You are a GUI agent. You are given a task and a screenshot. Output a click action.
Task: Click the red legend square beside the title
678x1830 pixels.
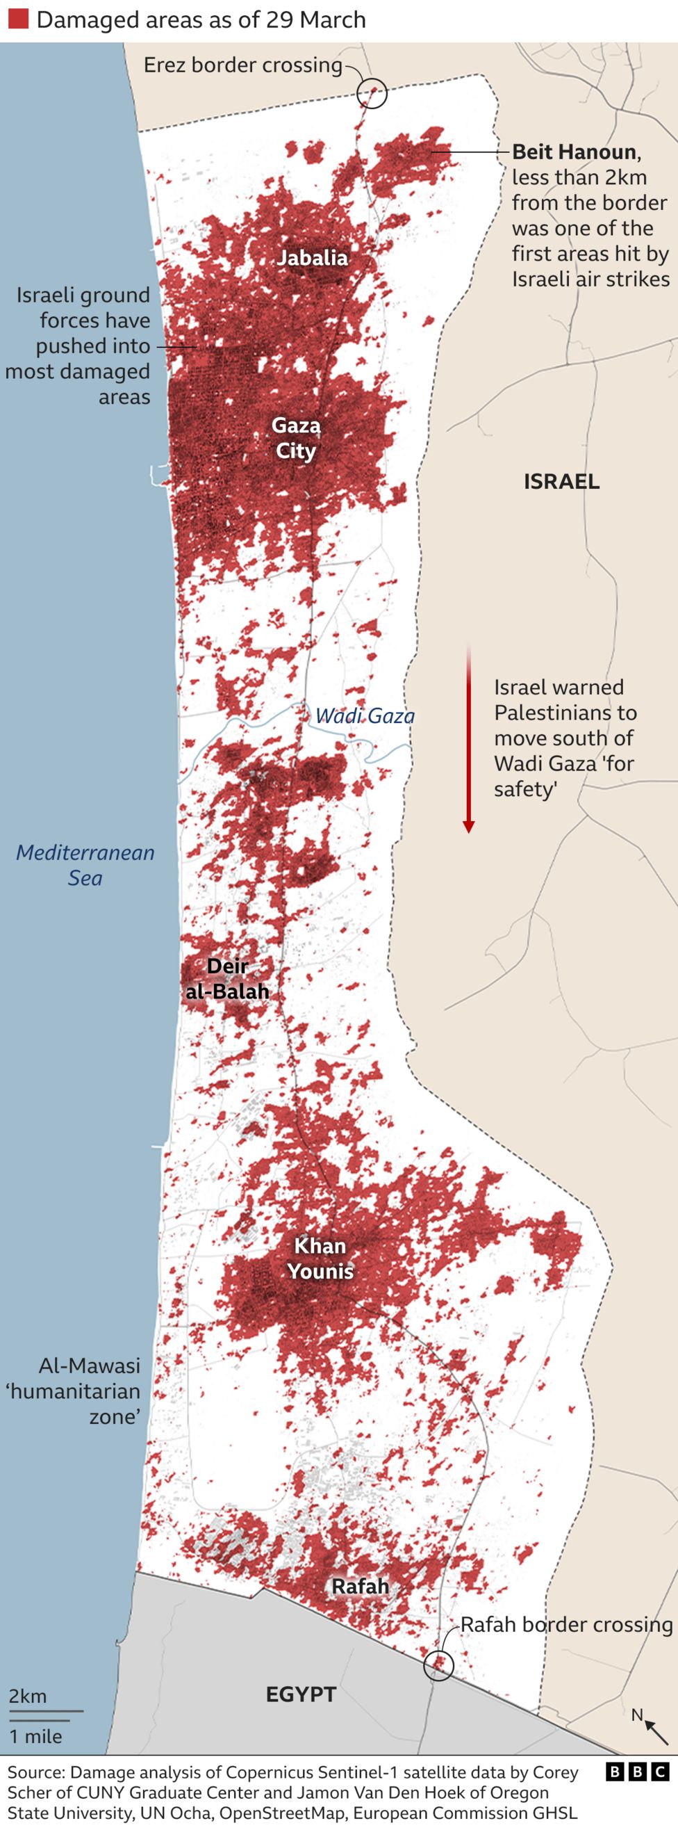18,19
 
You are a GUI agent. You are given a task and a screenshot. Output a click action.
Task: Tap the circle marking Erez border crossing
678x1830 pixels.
372,93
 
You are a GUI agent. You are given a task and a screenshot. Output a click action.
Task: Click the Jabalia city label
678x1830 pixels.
313,258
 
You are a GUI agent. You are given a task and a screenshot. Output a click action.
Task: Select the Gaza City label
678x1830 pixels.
296,438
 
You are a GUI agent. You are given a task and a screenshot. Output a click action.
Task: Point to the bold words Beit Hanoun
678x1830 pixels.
574,152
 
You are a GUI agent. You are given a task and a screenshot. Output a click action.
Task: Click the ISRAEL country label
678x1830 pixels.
561,482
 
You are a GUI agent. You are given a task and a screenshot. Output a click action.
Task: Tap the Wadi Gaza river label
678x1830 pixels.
365,716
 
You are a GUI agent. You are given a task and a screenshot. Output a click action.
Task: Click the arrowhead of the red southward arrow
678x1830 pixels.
469,826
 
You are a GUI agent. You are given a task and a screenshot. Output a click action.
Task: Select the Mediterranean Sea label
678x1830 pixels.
85,865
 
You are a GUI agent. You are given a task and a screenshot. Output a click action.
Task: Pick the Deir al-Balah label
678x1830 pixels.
227,978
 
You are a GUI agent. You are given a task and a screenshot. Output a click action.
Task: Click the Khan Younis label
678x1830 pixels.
320,1258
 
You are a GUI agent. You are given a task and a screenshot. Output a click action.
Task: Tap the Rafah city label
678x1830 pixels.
360,1587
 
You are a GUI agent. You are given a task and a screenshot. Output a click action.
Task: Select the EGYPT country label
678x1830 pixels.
301,1694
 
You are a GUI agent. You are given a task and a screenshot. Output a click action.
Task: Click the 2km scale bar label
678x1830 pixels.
28,1697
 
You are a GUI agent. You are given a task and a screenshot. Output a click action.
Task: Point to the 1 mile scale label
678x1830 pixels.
35,1736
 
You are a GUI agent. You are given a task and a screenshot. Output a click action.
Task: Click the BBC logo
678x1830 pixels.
638,1772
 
